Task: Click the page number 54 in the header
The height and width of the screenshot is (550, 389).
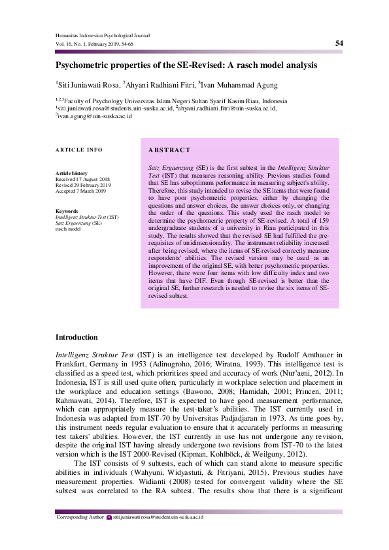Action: [339, 43]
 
